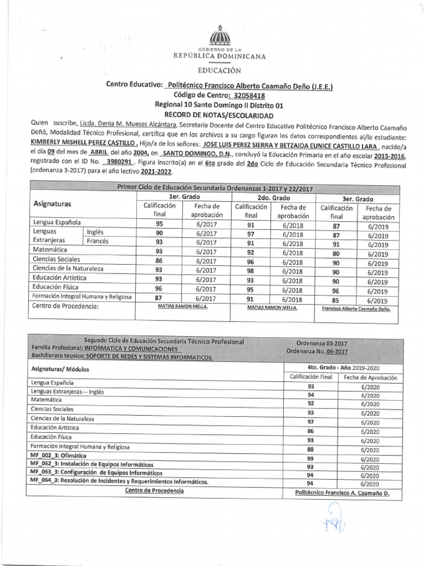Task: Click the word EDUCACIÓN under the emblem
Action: (x=220, y=70)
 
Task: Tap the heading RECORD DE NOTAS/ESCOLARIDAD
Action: (x=220, y=116)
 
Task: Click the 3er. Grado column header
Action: (x=357, y=198)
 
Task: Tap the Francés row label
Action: (x=98, y=242)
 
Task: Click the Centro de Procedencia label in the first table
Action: (x=65, y=306)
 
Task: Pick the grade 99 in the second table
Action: (x=310, y=459)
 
